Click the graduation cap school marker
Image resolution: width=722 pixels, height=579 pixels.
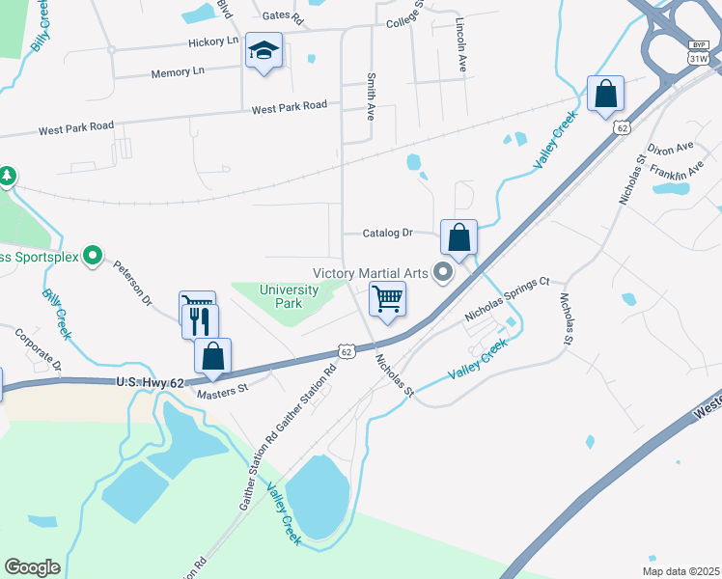[264, 51]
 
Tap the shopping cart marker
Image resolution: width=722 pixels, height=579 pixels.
[387, 299]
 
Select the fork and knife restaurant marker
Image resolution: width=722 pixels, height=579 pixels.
[200, 320]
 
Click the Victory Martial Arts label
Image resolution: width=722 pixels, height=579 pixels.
[371, 273]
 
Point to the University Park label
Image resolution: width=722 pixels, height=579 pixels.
[290, 296]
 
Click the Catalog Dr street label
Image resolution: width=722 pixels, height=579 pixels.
[387, 233]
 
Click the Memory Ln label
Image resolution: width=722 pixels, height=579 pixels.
[178, 71]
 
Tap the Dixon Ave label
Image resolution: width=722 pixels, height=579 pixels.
[671, 149]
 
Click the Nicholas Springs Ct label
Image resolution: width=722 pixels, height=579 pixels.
[506, 299]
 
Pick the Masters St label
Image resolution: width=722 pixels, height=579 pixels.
[223, 390]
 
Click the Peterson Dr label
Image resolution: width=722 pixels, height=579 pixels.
[133, 282]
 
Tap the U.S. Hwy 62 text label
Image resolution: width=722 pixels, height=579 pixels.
[150, 383]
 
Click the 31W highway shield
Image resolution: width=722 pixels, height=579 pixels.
[698, 59]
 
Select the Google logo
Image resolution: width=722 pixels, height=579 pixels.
[33, 567]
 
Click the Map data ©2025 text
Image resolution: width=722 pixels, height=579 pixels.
[682, 570]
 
